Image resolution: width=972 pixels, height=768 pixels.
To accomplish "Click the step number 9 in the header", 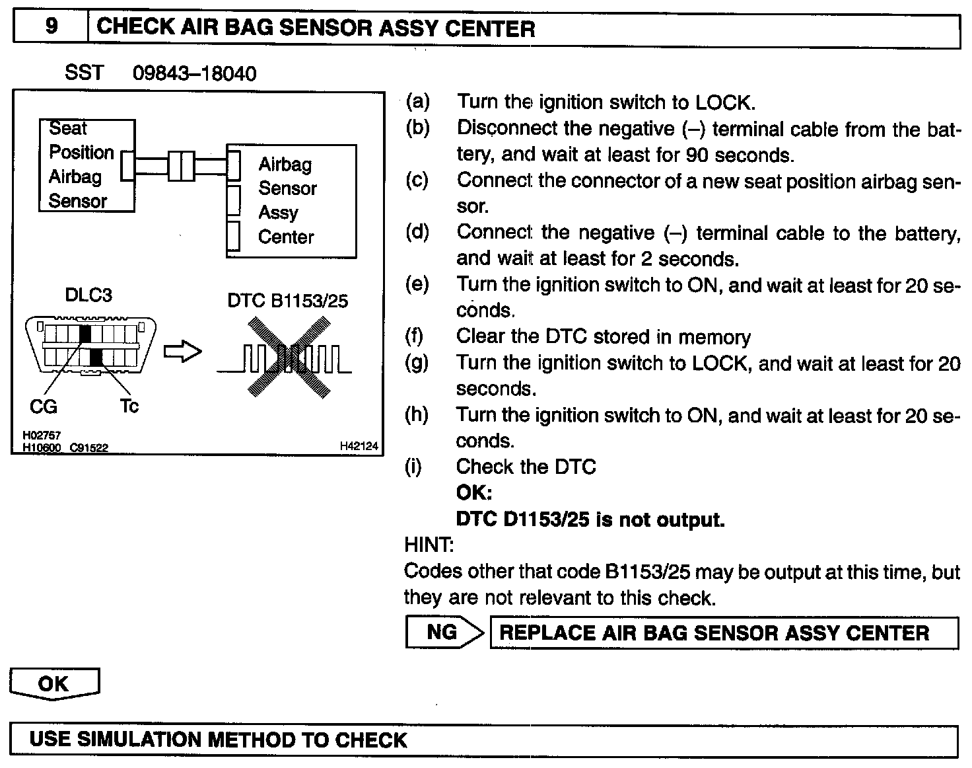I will (51, 26).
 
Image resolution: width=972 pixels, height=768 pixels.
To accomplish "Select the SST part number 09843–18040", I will (194, 73).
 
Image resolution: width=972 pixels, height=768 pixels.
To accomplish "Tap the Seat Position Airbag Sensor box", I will (86, 165).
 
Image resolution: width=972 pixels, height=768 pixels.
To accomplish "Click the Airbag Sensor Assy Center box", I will (292, 201).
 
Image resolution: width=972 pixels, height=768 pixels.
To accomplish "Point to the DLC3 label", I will (88, 295).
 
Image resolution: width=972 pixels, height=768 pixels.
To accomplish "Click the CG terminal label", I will (44, 406).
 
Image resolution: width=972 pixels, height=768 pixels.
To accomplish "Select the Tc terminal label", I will (129, 405).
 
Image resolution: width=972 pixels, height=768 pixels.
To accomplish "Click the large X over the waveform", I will (289, 357).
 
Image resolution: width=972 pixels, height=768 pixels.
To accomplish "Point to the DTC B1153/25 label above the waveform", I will (287, 301).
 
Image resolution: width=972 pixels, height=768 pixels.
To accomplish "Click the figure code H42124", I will (359, 447).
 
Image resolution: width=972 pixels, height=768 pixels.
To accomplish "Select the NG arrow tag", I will (443, 633).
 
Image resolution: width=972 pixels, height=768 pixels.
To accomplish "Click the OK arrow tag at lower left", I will (54, 683).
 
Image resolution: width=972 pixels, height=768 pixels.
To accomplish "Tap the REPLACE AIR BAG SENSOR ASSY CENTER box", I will (723, 633).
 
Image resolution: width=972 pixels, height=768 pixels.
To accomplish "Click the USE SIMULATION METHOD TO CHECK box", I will (484, 740).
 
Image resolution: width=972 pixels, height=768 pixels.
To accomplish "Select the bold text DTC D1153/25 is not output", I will (590, 519).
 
